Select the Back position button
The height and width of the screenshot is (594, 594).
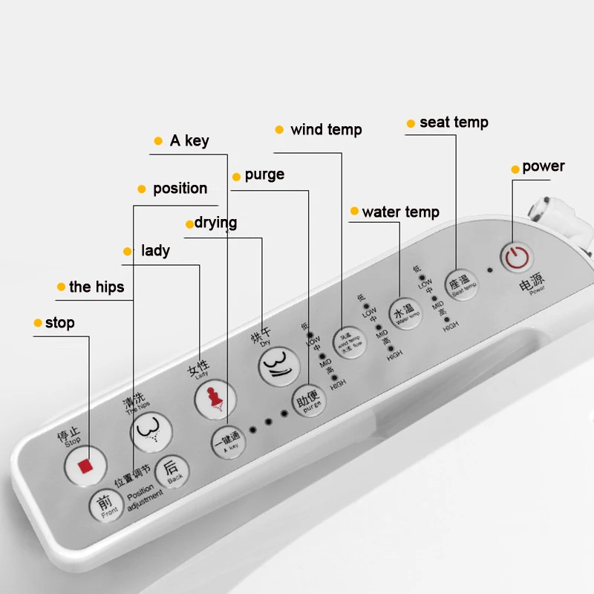(x=172, y=471)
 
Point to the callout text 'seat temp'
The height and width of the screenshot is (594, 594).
(x=454, y=123)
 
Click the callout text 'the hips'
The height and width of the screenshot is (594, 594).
(x=97, y=287)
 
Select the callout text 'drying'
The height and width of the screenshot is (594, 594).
(x=216, y=223)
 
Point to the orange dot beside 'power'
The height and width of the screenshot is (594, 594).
(x=515, y=169)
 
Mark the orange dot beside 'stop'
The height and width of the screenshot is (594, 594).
(x=38, y=323)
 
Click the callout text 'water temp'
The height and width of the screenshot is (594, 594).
(x=400, y=212)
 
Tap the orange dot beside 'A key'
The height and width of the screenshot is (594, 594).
(x=157, y=141)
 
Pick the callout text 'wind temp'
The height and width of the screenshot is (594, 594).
(x=326, y=130)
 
